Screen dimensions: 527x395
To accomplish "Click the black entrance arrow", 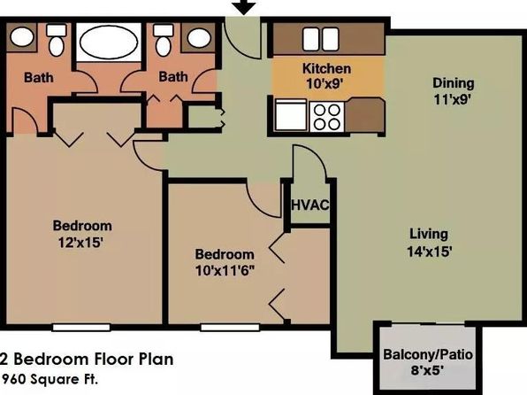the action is [244, 6].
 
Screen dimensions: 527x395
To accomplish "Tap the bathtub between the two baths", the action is [109, 43].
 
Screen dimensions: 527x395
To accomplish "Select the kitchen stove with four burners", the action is [326, 117].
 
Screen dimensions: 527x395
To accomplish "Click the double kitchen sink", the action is [321, 39].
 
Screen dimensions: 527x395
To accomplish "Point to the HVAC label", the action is [309, 205].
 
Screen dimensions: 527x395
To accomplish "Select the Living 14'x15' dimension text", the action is [429, 252].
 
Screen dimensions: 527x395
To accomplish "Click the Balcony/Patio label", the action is [428, 354].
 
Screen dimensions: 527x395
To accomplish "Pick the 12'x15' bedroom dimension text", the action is [80, 242].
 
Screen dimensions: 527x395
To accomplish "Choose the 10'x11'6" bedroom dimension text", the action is [225, 271].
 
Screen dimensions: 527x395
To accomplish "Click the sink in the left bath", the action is [22, 36].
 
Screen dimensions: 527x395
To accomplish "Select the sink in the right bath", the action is [199, 38].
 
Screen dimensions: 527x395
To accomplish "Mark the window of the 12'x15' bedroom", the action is [81, 328].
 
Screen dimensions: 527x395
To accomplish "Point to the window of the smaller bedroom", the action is [230, 328].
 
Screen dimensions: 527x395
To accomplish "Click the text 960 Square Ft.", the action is [50, 380].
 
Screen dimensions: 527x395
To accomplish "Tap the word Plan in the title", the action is [156, 359].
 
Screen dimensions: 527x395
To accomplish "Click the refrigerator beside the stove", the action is [291, 115].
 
